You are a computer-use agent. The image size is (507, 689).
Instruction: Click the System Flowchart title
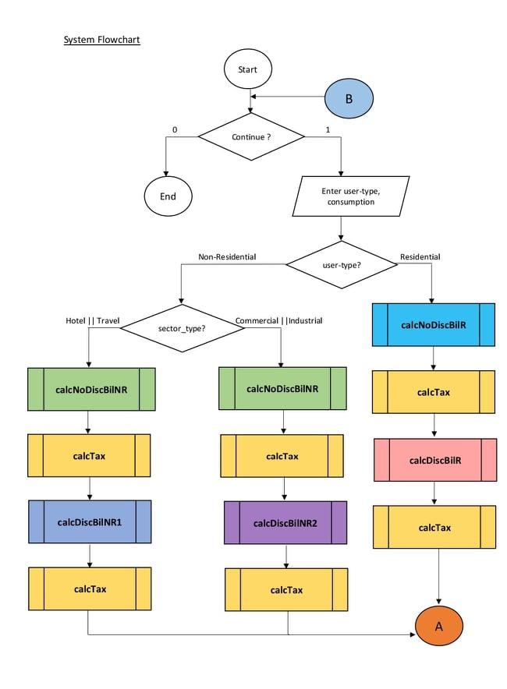pyautogui.click(x=101, y=39)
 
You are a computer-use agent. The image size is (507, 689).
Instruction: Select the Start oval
pyautogui.click(x=247, y=69)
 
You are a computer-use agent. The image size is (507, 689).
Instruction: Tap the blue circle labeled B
pyautogui.click(x=349, y=98)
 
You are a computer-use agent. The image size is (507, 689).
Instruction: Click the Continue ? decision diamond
pyautogui.click(x=251, y=137)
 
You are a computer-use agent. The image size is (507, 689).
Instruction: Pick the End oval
pyautogui.click(x=168, y=196)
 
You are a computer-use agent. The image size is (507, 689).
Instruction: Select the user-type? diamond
pyautogui.click(x=342, y=264)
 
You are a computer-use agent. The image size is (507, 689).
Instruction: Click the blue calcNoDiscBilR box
pyautogui.click(x=433, y=323)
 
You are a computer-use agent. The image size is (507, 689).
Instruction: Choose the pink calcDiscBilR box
pyautogui.click(x=434, y=460)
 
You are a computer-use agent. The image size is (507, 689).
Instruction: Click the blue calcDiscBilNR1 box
pyautogui.click(x=90, y=521)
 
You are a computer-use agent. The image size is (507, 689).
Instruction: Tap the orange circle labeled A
pyautogui.click(x=438, y=627)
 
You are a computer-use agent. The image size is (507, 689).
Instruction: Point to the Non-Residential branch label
pyautogui.click(x=227, y=256)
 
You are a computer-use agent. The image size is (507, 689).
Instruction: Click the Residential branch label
pyautogui.click(x=420, y=256)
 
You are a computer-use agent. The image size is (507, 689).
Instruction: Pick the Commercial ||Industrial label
pyautogui.click(x=278, y=320)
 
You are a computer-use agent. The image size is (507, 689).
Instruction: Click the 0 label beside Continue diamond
pyautogui.click(x=175, y=129)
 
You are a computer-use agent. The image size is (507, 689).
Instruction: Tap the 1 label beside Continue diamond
pyautogui.click(x=328, y=129)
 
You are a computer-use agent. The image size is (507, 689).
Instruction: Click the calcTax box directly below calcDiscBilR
pyautogui.click(x=434, y=528)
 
